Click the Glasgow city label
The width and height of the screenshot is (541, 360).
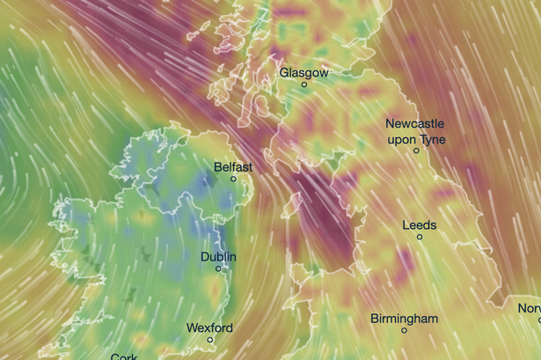click(x=303, y=73)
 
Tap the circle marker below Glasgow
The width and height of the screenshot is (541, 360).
click(x=304, y=85)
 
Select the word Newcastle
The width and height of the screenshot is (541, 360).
click(x=415, y=124)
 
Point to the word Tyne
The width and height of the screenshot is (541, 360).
click(x=433, y=139)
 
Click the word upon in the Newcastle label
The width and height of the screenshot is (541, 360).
click(x=402, y=139)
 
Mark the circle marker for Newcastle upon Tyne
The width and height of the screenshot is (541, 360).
click(x=417, y=151)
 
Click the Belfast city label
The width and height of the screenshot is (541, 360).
click(x=233, y=166)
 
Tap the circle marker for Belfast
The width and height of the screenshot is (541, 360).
click(x=234, y=179)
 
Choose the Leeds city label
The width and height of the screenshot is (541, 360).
click(x=419, y=225)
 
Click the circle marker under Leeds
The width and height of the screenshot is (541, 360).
click(x=420, y=237)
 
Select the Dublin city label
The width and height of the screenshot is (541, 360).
click(x=218, y=257)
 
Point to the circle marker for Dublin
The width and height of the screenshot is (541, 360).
click(x=218, y=270)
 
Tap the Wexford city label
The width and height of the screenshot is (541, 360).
click(x=209, y=328)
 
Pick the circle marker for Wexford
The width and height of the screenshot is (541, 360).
click(x=210, y=340)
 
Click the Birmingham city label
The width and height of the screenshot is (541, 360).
click(x=404, y=318)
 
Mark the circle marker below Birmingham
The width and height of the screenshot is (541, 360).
click(x=405, y=330)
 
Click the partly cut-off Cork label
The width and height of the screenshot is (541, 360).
click(x=124, y=356)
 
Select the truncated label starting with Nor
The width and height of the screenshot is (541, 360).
click(x=529, y=308)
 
